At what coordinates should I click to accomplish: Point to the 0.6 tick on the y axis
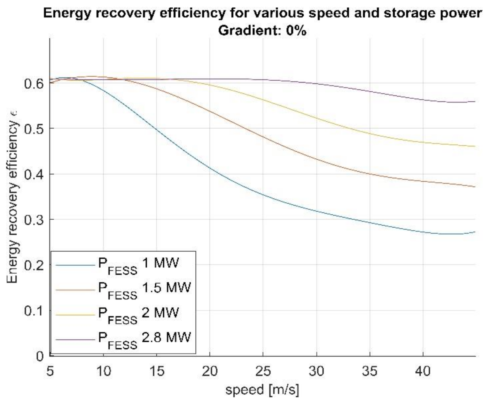coord(33,84)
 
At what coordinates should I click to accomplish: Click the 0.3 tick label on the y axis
coord(33,220)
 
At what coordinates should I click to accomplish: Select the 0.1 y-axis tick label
coord(33,311)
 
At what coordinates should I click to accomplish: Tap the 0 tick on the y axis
coord(40,356)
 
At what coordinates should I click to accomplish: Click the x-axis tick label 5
coord(50,371)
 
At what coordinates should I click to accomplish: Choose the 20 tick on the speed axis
coord(210,371)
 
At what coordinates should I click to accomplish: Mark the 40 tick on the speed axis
coord(423,371)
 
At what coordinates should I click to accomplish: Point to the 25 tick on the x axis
coord(263,371)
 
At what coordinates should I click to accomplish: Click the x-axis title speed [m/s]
coord(262,389)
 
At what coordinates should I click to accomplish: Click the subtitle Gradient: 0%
coord(262,30)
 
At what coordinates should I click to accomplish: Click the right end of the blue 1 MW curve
coord(475,232)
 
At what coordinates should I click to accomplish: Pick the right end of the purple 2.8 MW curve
coord(475,101)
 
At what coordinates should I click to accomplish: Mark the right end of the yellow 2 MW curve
coord(475,146)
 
